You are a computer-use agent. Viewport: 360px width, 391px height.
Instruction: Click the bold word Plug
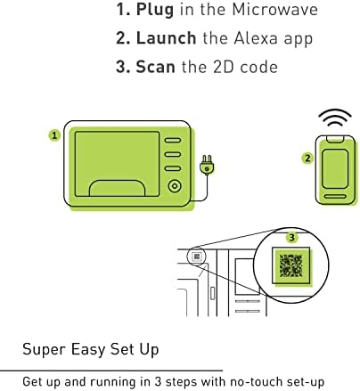tap(155, 10)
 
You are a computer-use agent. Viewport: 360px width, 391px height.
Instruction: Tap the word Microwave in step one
tap(274, 9)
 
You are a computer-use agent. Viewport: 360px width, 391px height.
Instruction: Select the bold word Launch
tap(166, 38)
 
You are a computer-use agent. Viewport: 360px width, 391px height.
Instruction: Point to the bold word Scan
tap(155, 67)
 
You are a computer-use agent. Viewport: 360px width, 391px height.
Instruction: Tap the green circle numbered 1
tap(54, 135)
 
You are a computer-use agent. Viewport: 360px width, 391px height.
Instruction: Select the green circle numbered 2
tap(307, 158)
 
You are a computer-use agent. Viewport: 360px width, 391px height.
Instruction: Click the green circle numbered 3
tap(292, 237)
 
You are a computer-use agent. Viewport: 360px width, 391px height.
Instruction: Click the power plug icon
tap(207, 165)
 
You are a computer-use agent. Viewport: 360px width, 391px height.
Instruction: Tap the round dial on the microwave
tap(175, 186)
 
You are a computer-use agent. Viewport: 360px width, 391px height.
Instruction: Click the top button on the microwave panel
tap(173, 140)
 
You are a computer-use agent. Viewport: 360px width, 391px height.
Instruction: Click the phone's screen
tap(335, 168)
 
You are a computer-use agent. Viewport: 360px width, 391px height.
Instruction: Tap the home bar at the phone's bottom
tap(335, 196)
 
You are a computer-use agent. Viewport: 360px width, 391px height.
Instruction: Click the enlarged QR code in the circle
tap(290, 265)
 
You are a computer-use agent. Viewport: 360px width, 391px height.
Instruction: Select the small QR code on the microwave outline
tap(197, 257)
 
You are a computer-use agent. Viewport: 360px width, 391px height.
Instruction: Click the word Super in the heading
tap(44, 349)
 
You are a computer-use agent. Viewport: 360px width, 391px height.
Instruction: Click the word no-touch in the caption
tap(256, 381)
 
